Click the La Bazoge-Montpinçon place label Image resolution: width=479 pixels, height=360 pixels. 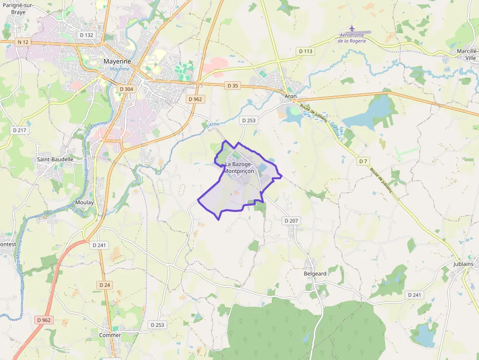pyautogui.click(x=239, y=168)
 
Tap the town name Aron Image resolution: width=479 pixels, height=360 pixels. pyautogui.click(x=291, y=97)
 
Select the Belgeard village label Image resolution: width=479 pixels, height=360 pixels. pyautogui.click(x=315, y=274)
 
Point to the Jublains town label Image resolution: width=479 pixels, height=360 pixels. pyautogui.click(x=463, y=264)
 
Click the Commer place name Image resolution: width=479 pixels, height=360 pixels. pyautogui.click(x=110, y=335)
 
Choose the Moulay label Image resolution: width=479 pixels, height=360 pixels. pyautogui.click(x=85, y=202)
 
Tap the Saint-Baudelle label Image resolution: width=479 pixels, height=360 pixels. pyautogui.click(x=55, y=159)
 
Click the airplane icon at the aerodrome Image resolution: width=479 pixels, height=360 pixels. pyautogui.click(x=352, y=28)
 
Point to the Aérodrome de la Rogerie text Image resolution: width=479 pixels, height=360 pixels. pyautogui.click(x=355, y=38)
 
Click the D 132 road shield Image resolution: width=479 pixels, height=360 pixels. pyautogui.click(x=86, y=35)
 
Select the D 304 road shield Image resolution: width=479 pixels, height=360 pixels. pyautogui.click(x=126, y=89)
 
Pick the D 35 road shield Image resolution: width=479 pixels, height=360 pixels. pyautogui.click(x=233, y=85)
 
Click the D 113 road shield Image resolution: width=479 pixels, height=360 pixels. pyautogui.click(x=305, y=51)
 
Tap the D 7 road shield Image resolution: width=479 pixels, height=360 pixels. pyautogui.click(x=362, y=161)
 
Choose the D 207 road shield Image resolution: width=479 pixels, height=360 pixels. pyautogui.click(x=291, y=221)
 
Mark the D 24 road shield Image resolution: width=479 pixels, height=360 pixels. pyautogui.click(x=105, y=285)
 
